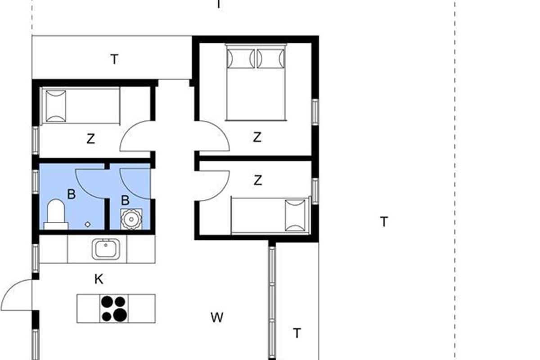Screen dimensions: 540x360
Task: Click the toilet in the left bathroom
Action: (56, 215)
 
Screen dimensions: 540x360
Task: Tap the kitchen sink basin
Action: (106, 249)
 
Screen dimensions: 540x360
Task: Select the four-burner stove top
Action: (114, 308)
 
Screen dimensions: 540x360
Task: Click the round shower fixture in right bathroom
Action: (131, 219)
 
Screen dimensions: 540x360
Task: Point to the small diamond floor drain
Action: (88, 225)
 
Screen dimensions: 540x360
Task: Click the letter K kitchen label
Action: (99, 279)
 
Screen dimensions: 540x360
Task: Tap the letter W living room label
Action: (217, 318)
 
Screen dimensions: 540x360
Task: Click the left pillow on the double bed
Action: (241, 58)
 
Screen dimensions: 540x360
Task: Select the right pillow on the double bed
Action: (271, 58)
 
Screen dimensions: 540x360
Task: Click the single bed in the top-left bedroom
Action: (81, 106)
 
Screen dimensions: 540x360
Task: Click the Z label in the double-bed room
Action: (257, 137)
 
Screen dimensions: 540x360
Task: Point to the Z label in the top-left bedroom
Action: (90, 139)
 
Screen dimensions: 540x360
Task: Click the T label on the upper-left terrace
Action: (114, 59)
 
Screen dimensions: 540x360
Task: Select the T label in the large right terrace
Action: (384, 222)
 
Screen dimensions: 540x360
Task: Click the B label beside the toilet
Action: (72, 194)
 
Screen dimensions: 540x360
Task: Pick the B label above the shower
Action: (126, 200)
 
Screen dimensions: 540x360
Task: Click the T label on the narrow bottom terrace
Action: (297, 333)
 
